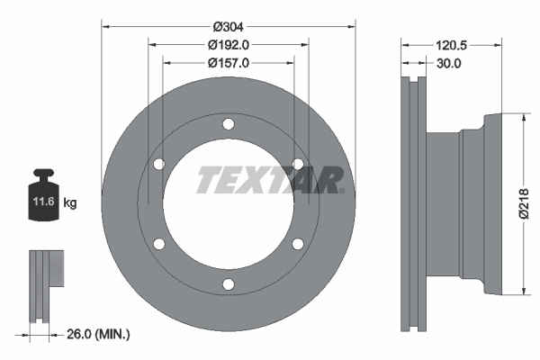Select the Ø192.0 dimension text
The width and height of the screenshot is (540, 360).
coord(228,44)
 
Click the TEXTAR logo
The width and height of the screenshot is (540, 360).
coord(268,180)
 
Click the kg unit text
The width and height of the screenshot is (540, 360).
coord(70,203)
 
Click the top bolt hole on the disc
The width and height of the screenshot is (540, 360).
coord(228,124)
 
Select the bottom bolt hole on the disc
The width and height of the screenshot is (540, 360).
coord(228,284)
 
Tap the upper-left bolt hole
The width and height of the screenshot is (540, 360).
coord(159,164)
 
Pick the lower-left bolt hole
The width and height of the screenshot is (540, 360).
coord(159,244)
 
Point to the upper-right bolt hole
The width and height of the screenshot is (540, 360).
coord(297,163)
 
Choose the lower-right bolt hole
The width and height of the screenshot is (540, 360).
coord(297,244)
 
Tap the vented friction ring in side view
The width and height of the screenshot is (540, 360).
coord(413,204)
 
